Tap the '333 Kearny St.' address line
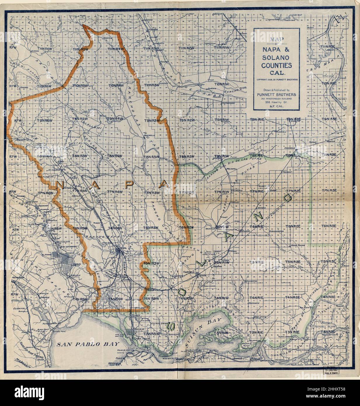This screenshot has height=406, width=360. tap(276, 102)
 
